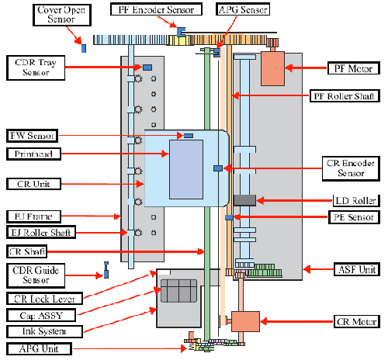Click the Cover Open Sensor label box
click(x=62, y=15)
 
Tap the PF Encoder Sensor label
click(x=156, y=9)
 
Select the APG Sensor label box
click(x=243, y=9)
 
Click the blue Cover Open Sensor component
click(x=84, y=48)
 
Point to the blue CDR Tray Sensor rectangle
click(x=147, y=67)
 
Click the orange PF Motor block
click(x=272, y=68)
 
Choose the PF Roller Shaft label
click(x=345, y=96)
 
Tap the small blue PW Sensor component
click(x=189, y=136)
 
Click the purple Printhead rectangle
click(x=186, y=169)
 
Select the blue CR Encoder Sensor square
click(x=218, y=168)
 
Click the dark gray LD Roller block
click(x=244, y=200)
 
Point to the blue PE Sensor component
click(x=229, y=217)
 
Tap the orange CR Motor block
click(x=245, y=321)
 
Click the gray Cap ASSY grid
click(x=178, y=291)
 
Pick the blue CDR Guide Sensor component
click(x=106, y=270)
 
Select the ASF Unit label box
click(x=357, y=269)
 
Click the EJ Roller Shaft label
click(x=41, y=232)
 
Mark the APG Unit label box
click(x=39, y=349)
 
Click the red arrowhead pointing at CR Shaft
click(x=201, y=251)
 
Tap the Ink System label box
click(x=44, y=331)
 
